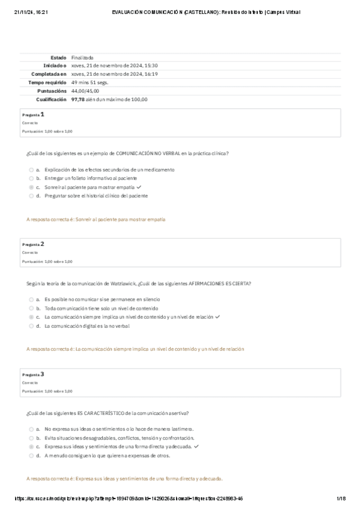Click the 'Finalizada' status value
82,57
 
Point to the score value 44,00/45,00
85,91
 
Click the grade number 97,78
77,99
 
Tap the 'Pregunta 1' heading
33,114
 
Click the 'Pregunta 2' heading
33,244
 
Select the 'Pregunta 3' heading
33,374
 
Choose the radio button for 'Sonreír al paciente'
31,187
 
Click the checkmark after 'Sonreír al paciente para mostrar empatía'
139,187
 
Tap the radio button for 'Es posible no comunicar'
31,299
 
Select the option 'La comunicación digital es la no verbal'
87,325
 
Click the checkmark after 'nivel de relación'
218,316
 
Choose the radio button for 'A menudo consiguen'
31,455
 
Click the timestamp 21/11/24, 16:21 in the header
26,11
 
